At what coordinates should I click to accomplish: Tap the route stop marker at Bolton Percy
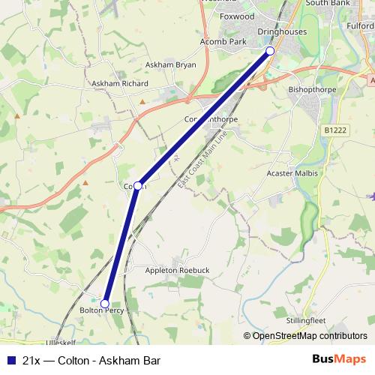click(105, 303)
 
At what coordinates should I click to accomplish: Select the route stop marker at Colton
click(138, 184)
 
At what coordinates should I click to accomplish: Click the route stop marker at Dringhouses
click(271, 51)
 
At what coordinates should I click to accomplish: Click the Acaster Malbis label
click(293, 173)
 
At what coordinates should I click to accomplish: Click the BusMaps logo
click(345, 359)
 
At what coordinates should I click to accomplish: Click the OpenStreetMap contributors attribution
click(304, 336)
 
